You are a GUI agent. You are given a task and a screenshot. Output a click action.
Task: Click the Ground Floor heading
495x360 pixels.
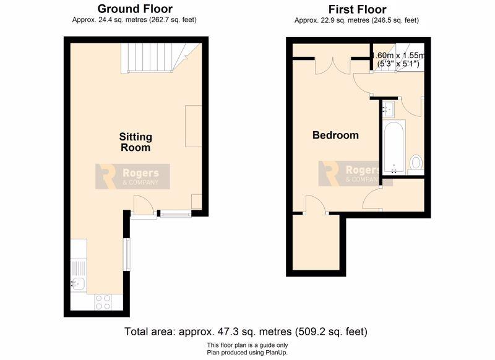[135, 9]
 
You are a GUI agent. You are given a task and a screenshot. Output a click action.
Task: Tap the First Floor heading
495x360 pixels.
[357, 9]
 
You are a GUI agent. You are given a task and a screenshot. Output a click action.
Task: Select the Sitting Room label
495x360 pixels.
[136, 142]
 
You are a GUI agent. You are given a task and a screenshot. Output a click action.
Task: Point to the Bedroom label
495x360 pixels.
[335, 135]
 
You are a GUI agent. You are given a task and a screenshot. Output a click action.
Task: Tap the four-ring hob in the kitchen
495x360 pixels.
[103, 302]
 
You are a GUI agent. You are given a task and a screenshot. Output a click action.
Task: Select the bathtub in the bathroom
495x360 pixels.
[394, 147]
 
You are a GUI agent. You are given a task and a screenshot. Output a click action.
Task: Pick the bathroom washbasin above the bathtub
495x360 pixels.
[389, 109]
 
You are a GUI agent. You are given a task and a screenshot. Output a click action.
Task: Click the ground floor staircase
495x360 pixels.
[161, 58]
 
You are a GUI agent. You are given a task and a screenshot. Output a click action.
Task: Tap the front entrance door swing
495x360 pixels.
[144, 205]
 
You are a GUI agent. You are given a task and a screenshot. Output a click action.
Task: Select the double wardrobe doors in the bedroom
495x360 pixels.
[333, 66]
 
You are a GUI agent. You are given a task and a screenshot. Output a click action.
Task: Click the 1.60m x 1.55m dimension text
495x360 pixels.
[398, 55]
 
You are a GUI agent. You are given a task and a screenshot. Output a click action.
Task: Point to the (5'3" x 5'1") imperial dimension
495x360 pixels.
[398, 64]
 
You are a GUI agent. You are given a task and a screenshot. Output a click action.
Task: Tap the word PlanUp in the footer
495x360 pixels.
[277, 353]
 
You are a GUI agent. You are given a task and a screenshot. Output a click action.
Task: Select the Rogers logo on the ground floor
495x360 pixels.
[132, 176]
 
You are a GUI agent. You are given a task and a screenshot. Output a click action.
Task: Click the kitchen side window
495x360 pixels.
[127, 254]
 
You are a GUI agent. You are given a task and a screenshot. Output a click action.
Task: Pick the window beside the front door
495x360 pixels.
[176, 214]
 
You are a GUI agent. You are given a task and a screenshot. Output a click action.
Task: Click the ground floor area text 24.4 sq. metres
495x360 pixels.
[110, 20]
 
